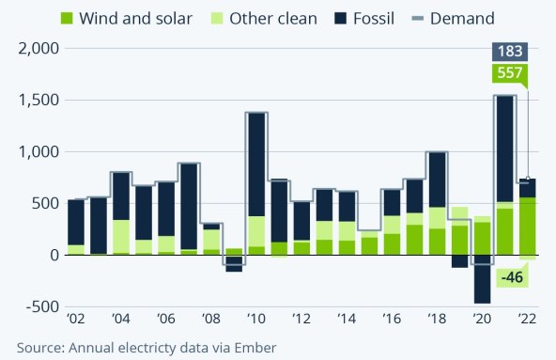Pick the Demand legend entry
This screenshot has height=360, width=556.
[x=462, y=18]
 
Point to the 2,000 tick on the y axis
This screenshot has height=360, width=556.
[x=33, y=49]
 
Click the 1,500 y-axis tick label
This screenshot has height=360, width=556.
[x=33, y=101]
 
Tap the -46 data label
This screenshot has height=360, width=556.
[x=512, y=276]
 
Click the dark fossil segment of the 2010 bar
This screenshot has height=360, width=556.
[x=256, y=164]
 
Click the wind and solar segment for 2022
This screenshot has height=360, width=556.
[x=527, y=226]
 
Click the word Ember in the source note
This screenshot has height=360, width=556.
[x=257, y=348]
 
